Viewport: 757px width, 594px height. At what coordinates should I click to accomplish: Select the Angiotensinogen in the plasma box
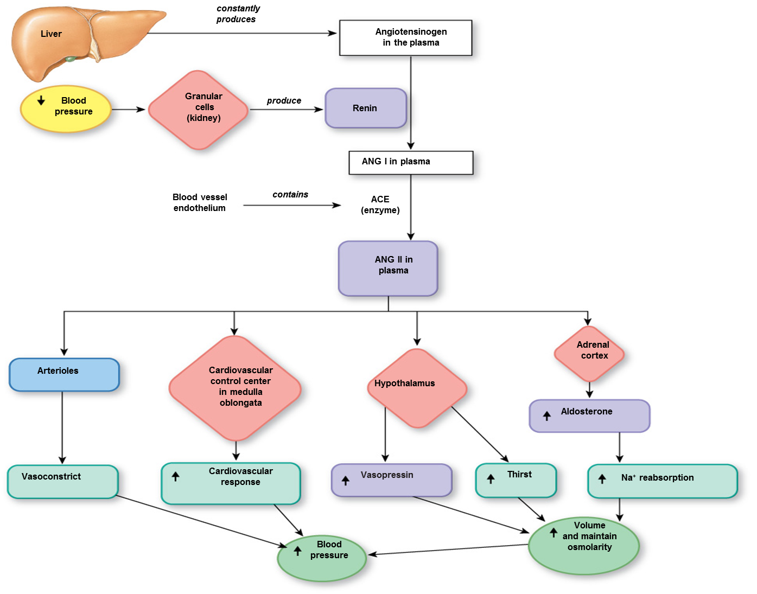tap(405, 37)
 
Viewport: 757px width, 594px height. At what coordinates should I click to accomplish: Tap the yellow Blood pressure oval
tap(66, 108)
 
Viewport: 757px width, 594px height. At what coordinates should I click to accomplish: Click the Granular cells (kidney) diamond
tap(199, 110)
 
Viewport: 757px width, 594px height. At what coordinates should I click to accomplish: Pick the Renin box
tap(365, 108)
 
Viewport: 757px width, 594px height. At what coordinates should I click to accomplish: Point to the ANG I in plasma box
tap(410, 162)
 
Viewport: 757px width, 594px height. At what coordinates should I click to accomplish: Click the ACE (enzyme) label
tap(380, 205)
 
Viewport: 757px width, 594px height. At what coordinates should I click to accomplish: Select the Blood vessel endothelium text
tap(200, 203)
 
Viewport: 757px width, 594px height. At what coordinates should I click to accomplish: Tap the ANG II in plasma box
tap(388, 268)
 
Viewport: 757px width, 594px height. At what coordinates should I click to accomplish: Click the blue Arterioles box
tap(64, 374)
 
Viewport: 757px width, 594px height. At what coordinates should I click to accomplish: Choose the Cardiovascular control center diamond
tap(235, 388)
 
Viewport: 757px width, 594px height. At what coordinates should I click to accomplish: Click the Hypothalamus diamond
tap(417, 387)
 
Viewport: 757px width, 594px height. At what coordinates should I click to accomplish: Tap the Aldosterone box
tap(589, 416)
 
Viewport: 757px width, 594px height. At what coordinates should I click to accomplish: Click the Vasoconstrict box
tap(62, 481)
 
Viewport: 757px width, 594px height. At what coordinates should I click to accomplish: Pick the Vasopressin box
tap(391, 480)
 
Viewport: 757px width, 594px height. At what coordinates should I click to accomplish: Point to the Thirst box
tap(516, 480)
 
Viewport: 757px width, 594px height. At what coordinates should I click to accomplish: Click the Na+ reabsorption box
tap(662, 481)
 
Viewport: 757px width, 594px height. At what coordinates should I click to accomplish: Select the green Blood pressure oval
tap(322, 558)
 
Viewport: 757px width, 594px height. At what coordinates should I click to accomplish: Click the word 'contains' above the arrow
tap(290, 195)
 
